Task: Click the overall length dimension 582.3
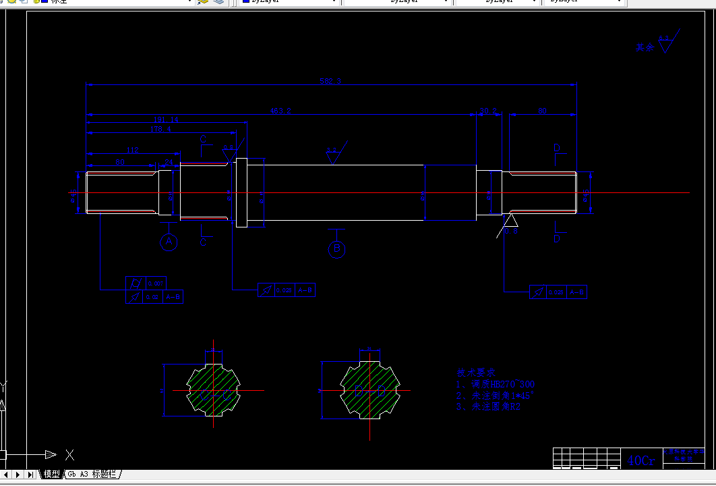click(x=330, y=81)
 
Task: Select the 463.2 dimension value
click(x=280, y=110)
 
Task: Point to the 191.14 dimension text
click(x=165, y=119)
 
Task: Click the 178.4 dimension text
click(x=160, y=128)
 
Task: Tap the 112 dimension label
click(x=132, y=149)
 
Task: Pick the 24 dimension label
click(x=169, y=162)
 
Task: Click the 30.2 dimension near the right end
click(x=487, y=111)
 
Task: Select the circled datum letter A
click(x=169, y=242)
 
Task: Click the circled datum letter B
click(x=336, y=250)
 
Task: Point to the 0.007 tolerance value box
click(x=156, y=283)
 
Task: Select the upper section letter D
click(x=556, y=148)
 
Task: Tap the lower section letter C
click(x=203, y=242)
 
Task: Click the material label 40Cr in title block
click(x=640, y=460)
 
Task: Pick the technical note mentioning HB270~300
click(x=496, y=384)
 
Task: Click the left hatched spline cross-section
click(x=214, y=389)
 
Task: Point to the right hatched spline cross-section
click(x=369, y=389)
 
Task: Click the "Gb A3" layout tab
click(x=93, y=475)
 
